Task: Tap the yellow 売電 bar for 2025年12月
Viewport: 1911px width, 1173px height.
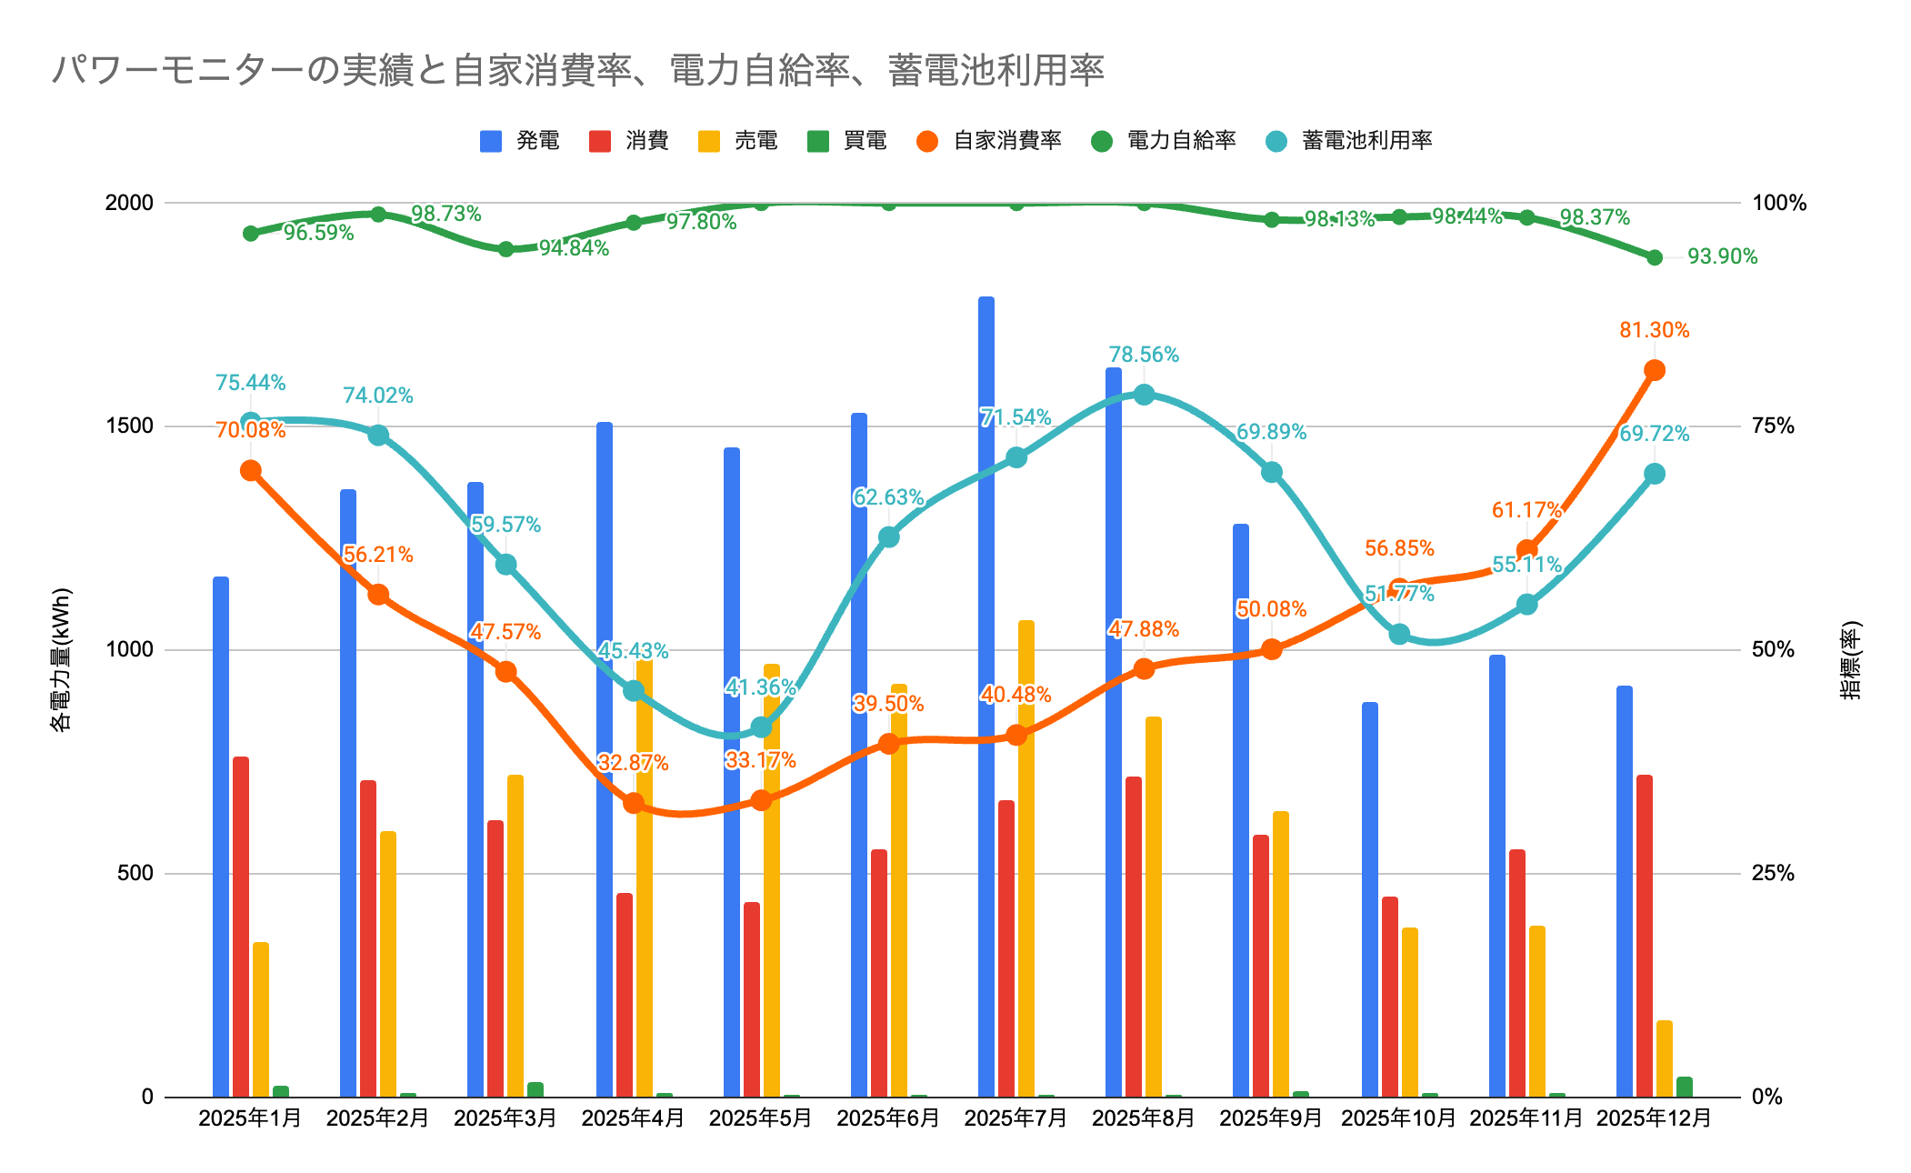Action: pos(1664,1058)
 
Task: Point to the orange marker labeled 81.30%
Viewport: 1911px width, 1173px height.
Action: pos(1655,370)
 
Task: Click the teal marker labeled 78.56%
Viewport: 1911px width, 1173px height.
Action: pos(1144,395)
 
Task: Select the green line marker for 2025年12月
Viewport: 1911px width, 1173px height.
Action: pos(1655,257)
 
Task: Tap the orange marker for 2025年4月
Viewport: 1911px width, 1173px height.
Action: pos(634,803)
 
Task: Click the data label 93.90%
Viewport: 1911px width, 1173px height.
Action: pos(1722,256)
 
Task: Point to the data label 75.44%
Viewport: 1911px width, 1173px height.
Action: pos(250,383)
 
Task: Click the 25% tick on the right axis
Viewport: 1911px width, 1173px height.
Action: pos(1773,873)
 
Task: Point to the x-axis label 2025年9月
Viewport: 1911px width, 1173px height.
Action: pos(1271,1118)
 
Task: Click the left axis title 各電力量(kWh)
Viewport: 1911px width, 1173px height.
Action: pos(60,659)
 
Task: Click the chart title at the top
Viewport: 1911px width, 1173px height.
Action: pos(577,70)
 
